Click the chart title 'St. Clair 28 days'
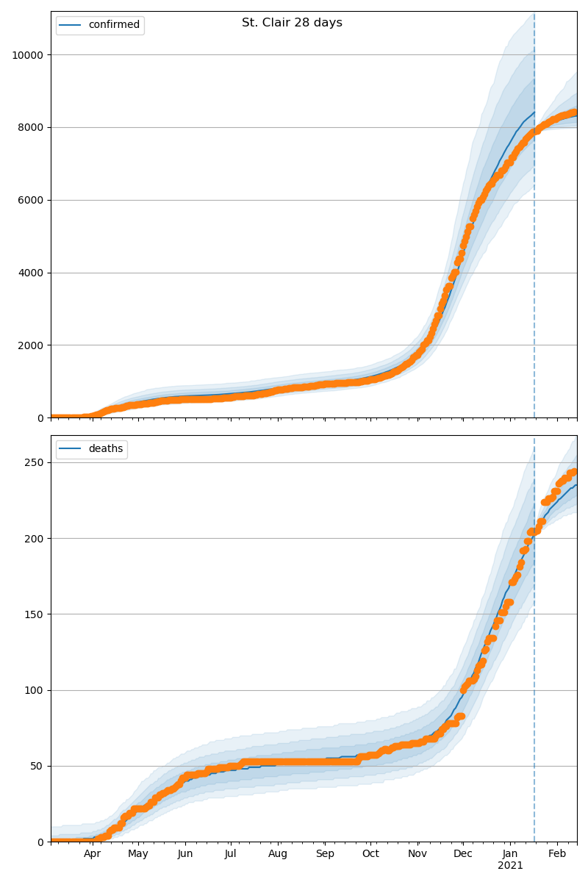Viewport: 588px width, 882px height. pyautogui.click(x=292, y=23)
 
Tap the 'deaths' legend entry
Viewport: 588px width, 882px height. pyautogui.click(x=105, y=449)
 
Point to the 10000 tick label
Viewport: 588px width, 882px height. pyautogui.click(x=26, y=55)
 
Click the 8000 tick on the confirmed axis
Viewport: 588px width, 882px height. pyautogui.click(x=29, y=127)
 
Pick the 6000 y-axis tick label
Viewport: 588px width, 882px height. pyautogui.click(x=29, y=200)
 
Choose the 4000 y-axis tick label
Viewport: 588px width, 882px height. pyautogui.click(x=29, y=273)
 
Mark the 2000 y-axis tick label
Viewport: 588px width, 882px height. pyautogui.click(x=29, y=345)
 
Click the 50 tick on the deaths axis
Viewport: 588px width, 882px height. pyautogui.click(x=35, y=766)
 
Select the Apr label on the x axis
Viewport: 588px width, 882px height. pyautogui.click(x=92, y=854)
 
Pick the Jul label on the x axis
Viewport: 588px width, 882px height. pyautogui.click(x=230, y=854)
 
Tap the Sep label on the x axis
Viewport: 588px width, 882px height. pyautogui.click(x=325, y=854)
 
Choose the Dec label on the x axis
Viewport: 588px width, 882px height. pyautogui.click(x=463, y=854)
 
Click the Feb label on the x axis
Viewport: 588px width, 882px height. pyautogui.click(x=557, y=854)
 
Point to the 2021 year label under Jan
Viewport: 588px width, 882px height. pyautogui.click(x=510, y=866)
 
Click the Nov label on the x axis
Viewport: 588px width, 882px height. pyautogui.click(x=417, y=854)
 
